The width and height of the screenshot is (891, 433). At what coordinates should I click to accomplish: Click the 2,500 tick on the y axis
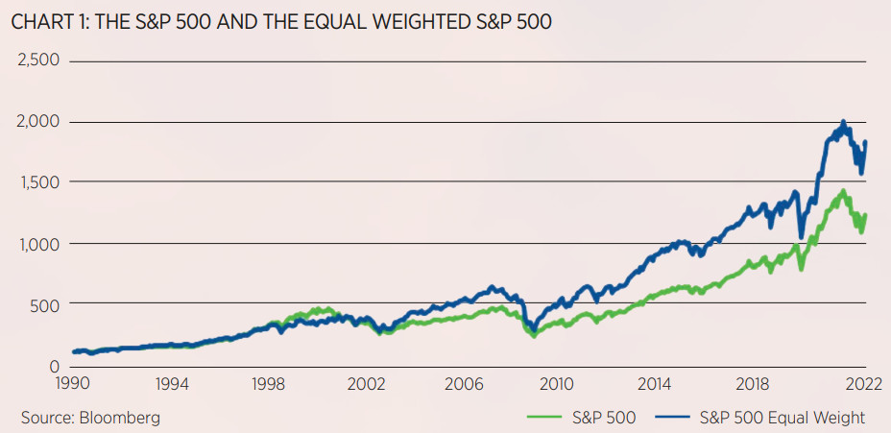39,60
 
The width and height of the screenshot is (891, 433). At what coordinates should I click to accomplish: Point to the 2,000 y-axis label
39,122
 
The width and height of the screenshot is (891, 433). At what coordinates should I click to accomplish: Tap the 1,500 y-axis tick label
39,182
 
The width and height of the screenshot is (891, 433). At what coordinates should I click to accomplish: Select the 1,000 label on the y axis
39,244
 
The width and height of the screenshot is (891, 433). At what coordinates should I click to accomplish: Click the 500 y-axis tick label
45,304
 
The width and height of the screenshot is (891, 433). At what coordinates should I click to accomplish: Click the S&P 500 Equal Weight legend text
783,418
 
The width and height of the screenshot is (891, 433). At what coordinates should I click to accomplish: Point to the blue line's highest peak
843,123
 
